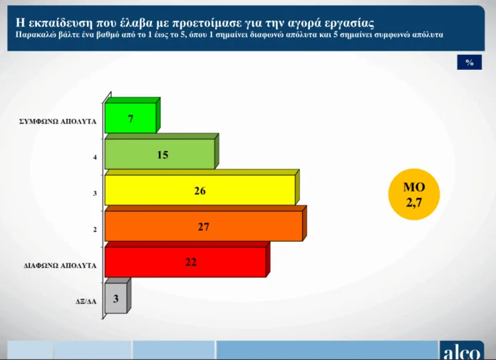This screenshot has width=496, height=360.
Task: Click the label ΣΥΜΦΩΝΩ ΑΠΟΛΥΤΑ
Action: (x=58, y=121)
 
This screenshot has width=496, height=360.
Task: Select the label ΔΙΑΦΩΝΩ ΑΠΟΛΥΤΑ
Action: (x=60, y=265)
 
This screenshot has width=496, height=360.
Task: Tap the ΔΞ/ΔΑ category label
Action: (x=86, y=302)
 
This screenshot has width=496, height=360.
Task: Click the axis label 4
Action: (x=95, y=158)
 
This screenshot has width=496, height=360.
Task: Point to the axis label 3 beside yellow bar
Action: (x=95, y=193)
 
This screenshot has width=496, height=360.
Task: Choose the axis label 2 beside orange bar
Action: (x=95, y=230)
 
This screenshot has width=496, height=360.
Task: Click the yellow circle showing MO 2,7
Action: (x=414, y=194)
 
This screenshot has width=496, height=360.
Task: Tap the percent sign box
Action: (x=470, y=62)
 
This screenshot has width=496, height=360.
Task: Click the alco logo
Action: (x=462, y=351)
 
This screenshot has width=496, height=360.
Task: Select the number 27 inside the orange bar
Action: (x=203, y=227)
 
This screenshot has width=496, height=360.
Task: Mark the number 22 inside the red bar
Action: (x=191, y=262)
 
